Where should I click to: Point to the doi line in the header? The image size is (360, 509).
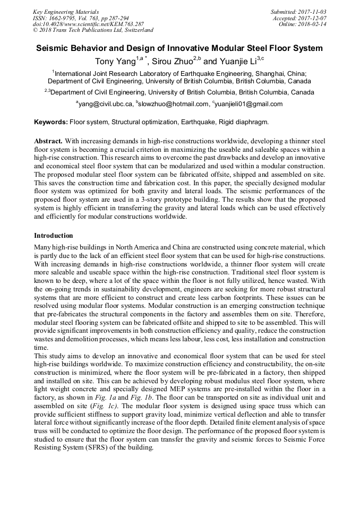[88, 24]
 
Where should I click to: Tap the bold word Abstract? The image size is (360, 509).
[48, 141]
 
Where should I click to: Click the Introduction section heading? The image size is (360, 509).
[54, 235]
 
